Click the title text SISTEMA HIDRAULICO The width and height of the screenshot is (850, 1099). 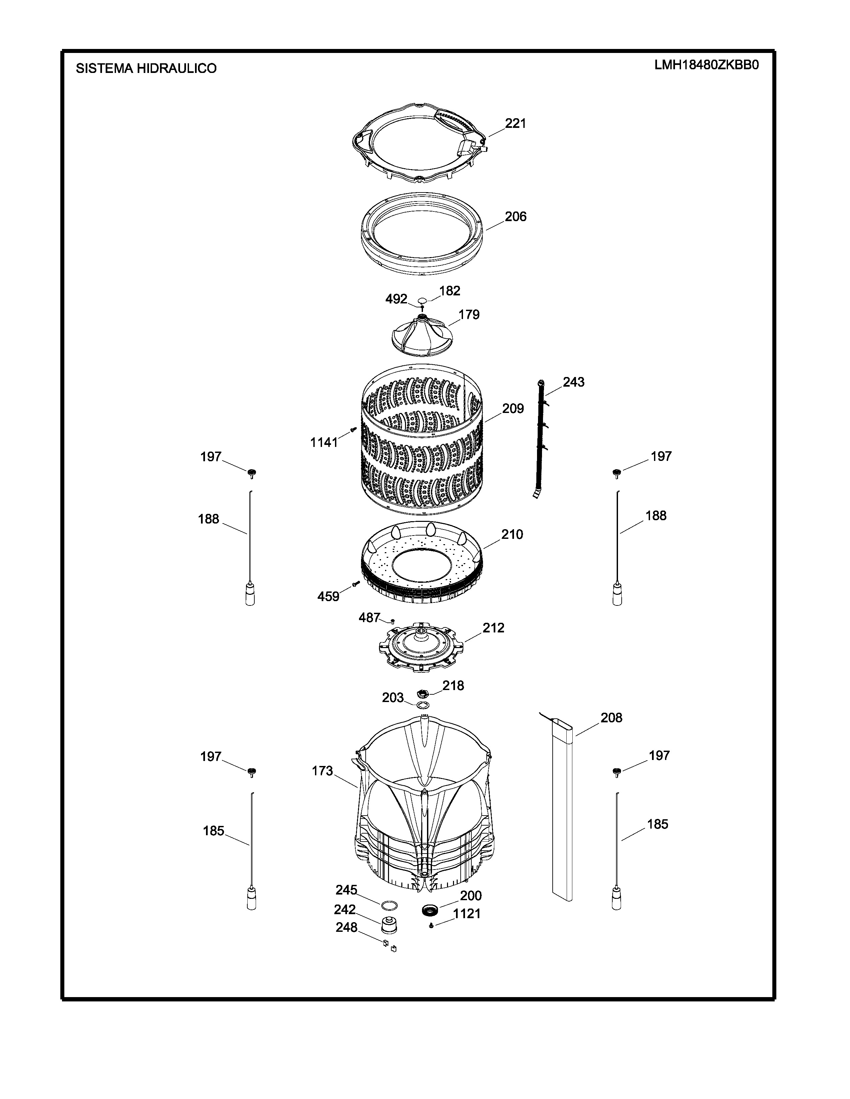click(x=146, y=68)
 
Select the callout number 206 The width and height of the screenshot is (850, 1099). click(x=516, y=216)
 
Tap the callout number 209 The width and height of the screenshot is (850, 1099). click(x=513, y=409)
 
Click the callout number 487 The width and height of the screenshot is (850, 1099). click(x=369, y=617)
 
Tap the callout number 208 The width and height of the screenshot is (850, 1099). click(x=611, y=718)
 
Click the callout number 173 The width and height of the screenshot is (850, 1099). click(x=322, y=771)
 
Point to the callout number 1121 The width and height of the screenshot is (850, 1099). click(x=467, y=914)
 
